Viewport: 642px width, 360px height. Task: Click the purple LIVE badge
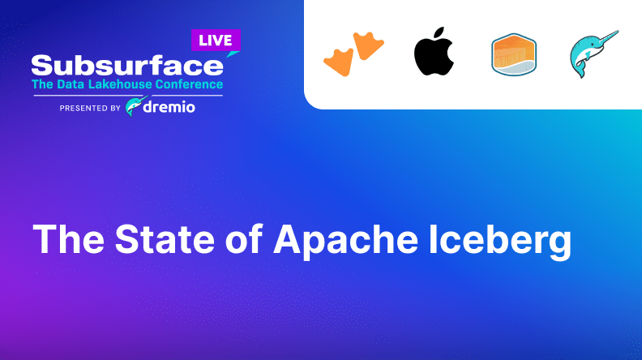pos(216,41)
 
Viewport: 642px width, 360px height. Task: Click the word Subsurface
pos(127,66)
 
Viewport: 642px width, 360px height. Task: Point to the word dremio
pos(169,107)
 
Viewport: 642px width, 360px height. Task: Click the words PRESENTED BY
pos(90,108)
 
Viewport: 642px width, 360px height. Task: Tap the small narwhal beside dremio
pos(135,106)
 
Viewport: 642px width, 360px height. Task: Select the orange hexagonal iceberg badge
pos(514,54)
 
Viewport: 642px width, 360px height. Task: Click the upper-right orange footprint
pos(368,45)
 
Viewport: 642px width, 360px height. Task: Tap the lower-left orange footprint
pos(339,62)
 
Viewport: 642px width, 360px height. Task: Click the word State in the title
pos(165,239)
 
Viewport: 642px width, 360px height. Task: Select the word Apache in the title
pos(345,242)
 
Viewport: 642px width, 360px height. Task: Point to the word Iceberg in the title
pos(500,242)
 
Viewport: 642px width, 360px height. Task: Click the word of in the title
pos(244,238)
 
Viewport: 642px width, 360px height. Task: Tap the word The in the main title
pos(68,239)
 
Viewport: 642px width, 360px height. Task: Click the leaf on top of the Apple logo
pos(439,32)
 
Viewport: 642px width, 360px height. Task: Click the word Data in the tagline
pos(71,84)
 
